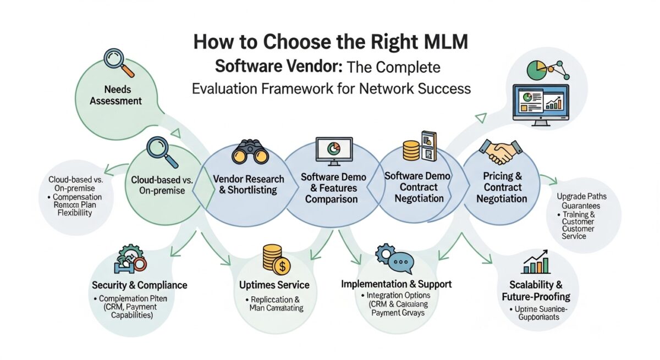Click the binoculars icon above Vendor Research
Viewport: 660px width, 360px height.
250,152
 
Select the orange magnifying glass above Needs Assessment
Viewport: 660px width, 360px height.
119,62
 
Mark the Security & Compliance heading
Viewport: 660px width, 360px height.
140,285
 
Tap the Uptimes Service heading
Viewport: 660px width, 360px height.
274,285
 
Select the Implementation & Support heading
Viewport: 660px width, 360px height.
397,284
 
